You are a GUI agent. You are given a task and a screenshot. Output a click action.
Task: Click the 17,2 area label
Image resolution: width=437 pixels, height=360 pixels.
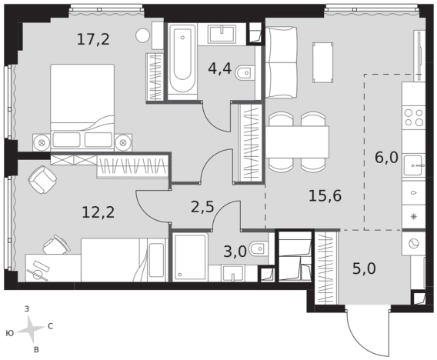[93, 39]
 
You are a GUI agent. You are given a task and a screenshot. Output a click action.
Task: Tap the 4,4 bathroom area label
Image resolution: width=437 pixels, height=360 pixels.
[219, 68]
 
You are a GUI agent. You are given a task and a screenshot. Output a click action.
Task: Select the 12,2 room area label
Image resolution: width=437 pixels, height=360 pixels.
[98, 212]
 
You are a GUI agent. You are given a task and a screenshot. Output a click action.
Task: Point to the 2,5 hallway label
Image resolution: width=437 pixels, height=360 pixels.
[202, 207]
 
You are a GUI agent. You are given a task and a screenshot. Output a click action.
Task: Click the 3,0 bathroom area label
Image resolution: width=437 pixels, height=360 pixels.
[235, 252]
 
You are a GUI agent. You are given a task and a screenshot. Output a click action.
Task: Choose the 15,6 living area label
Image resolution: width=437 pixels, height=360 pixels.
[325, 196]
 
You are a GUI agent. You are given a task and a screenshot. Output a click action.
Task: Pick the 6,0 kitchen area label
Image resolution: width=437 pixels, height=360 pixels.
[386, 158]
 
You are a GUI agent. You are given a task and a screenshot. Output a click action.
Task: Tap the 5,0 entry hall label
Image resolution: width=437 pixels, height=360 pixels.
[364, 268]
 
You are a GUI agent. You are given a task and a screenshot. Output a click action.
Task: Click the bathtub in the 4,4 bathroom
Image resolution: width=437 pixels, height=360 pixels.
[182, 61]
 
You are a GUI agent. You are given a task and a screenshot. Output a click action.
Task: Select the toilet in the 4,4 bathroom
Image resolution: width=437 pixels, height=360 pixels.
[245, 74]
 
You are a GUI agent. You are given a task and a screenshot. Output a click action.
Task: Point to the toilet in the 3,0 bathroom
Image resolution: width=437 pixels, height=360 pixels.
[259, 248]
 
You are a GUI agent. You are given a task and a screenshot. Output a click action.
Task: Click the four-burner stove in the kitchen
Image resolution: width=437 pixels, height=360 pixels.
[414, 117]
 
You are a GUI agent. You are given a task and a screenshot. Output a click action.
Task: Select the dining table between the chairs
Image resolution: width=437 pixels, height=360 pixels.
[297, 142]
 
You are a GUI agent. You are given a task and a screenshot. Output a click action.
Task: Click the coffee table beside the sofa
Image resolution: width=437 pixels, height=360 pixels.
[323, 62]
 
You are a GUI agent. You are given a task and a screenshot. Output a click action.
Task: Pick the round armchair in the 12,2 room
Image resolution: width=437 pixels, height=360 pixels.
[42, 179]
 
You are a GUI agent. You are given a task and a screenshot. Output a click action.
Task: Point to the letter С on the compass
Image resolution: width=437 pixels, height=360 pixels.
[51, 326]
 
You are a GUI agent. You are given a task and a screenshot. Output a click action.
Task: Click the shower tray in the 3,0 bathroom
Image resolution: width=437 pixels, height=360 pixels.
[190, 257]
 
